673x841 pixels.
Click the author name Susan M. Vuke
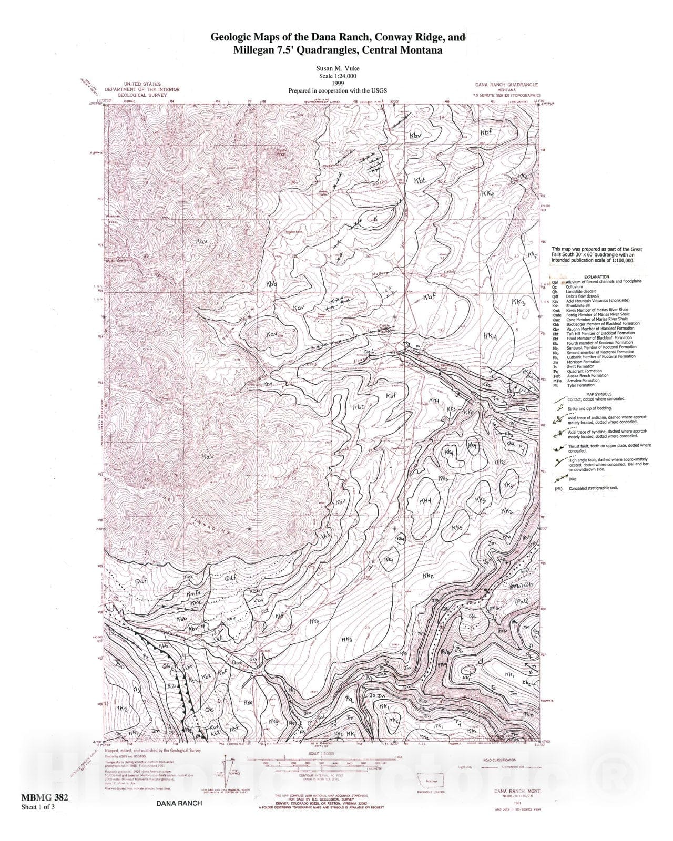[336, 68]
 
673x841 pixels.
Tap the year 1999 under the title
[336, 83]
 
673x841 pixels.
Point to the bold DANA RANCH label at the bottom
[179, 804]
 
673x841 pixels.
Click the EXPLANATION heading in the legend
[596, 277]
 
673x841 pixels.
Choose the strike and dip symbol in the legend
[559, 406]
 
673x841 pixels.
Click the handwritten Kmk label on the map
[188, 577]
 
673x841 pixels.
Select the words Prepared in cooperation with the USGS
[337, 90]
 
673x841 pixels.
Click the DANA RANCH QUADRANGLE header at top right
[506, 85]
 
